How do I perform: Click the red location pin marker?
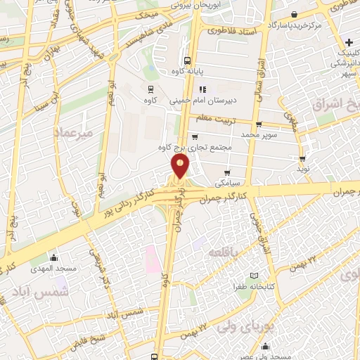(180, 166)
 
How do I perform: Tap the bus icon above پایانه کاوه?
(187, 61)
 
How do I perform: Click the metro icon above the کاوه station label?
(150, 89)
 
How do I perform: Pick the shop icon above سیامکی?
(227, 172)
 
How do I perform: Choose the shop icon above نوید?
(302, 158)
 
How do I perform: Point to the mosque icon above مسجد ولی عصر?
(265, 347)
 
